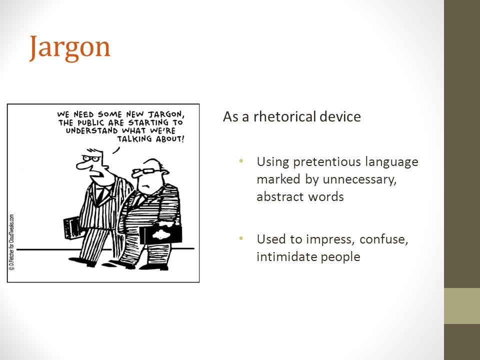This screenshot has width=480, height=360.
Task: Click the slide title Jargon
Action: pyautogui.click(x=70, y=48)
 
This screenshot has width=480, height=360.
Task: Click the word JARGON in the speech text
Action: pyautogui.click(x=166, y=114)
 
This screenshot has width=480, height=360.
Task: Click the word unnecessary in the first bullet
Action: pyautogui.click(x=359, y=179)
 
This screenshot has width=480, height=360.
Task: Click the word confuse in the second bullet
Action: pyautogui.click(x=384, y=239)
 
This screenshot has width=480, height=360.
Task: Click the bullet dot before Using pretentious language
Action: pyautogui.click(x=241, y=160)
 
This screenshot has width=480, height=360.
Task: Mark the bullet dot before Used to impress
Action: pyautogui.click(x=241, y=238)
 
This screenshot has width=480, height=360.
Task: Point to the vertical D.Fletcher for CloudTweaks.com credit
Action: pyautogui.click(x=11, y=242)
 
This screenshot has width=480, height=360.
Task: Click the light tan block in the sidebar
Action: pyautogui.click(x=462, y=306)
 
